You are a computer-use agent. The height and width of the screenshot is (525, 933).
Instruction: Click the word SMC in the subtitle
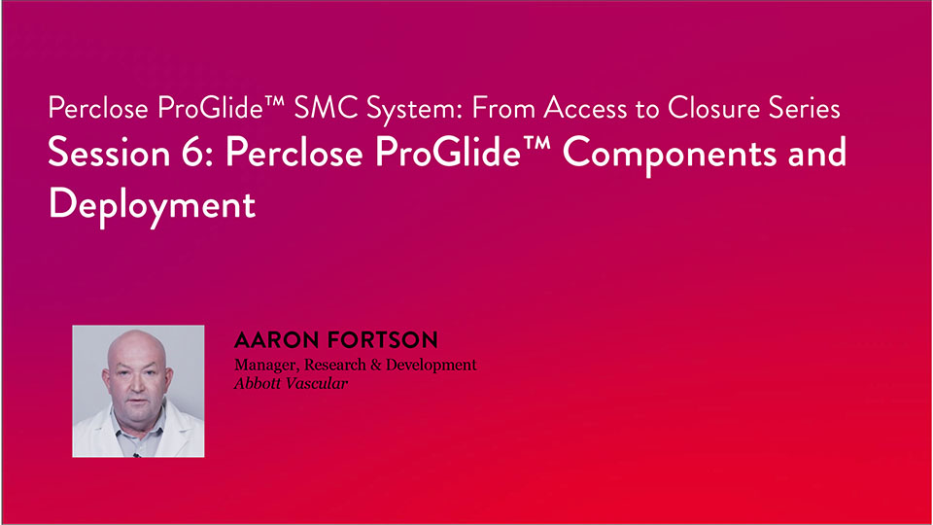click(326, 108)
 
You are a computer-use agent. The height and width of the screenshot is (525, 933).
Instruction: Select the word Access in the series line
click(584, 108)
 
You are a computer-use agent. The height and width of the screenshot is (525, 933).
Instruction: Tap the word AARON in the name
click(276, 340)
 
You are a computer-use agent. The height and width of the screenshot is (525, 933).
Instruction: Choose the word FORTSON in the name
click(383, 340)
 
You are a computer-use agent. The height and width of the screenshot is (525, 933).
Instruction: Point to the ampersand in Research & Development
click(375, 365)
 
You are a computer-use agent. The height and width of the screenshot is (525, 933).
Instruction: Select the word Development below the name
click(432, 365)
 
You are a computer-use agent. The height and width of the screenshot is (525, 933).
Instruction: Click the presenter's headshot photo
click(138, 391)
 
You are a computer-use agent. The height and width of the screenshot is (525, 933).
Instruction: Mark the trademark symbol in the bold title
click(536, 144)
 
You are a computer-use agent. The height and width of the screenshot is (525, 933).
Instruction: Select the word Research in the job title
click(335, 365)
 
